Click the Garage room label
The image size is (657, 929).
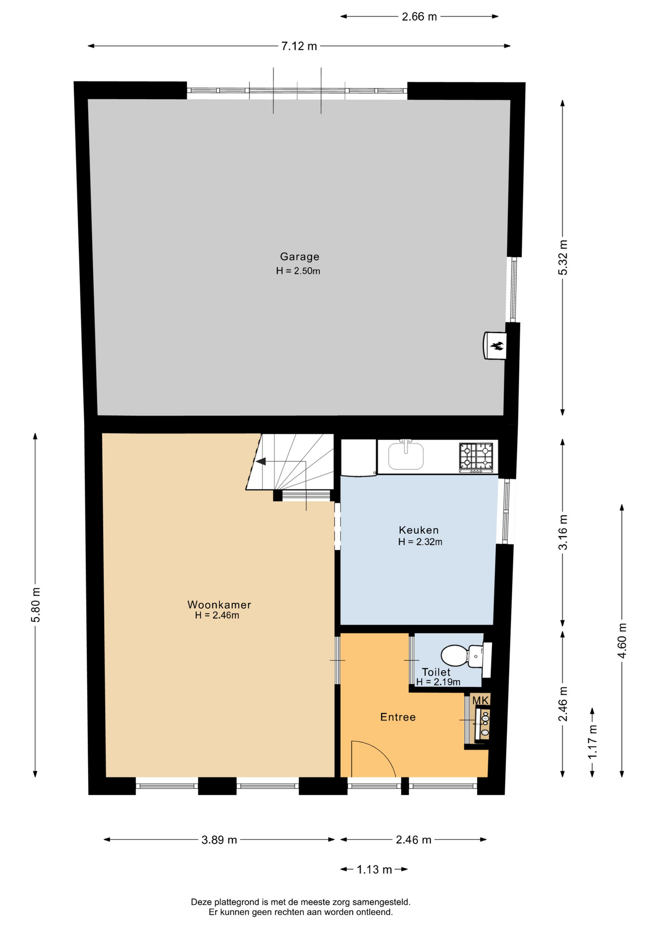[299, 256]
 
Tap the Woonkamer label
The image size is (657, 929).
[219, 605]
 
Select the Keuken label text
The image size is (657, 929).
[419, 530]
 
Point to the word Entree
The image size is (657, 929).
[398, 717]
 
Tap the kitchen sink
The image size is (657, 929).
[406, 455]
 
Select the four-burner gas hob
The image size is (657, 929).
[476, 457]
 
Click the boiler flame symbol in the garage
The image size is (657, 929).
[497, 345]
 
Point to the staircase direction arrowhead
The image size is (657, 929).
[261, 461]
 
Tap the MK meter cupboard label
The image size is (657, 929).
[480, 700]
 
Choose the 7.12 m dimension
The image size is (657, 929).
[299, 46]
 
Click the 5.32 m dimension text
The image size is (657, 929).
[563, 257]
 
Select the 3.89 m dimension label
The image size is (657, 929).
[219, 839]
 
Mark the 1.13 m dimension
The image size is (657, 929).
[374, 869]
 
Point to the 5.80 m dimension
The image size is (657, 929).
[35, 605]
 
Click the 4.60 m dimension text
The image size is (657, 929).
[622, 640]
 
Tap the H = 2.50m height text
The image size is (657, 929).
[298, 271]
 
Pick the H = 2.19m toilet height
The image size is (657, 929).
[438, 682]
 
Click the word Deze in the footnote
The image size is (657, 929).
[201, 902]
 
